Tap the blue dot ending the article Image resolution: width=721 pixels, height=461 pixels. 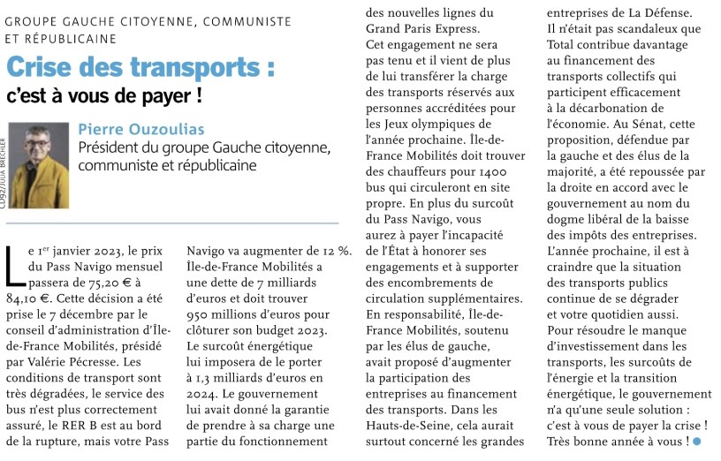tap(696, 440)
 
